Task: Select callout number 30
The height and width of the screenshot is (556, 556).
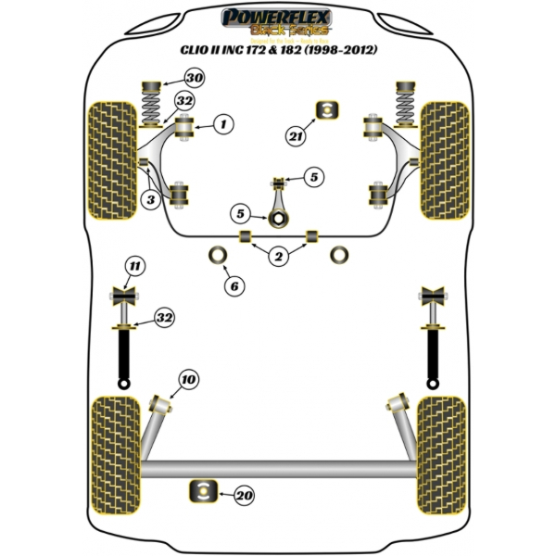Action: pyautogui.click(x=194, y=78)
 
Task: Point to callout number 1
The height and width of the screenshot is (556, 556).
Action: pyautogui.click(x=223, y=122)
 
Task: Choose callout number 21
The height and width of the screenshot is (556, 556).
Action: pyautogui.click(x=296, y=137)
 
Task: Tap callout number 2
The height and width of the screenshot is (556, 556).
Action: pyautogui.click(x=278, y=257)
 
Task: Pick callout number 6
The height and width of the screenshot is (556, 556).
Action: pyautogui.click(x=234, y=286)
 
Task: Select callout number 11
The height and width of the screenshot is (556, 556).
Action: pyautogui.click(x=135, y=269)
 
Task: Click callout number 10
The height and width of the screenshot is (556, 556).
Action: pyautogui.click(x=188, y=379)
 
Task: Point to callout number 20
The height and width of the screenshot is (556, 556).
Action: pyautogui.click(x=244, y=496)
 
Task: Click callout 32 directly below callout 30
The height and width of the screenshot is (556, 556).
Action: pyautogui.click(x=184, y=101)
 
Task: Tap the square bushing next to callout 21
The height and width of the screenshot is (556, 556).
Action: pyautogui.click(x=326, y=108)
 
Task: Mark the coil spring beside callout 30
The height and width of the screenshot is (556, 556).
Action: pyautogui.click(x=149, y=97)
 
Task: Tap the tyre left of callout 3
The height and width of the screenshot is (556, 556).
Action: pyautogui.click(x=110, y=166)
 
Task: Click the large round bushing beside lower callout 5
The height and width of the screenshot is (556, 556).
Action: pyautogui.click(x=276, y=220)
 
